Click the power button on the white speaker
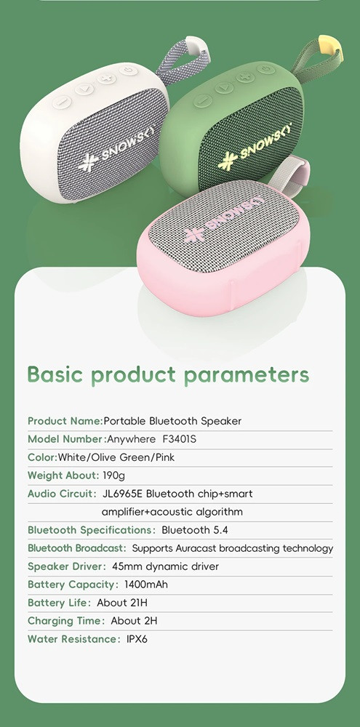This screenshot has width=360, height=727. [x=128, y=71]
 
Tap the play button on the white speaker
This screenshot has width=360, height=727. [x=84, y=88]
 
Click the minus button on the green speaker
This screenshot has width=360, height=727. [x=202, y=100]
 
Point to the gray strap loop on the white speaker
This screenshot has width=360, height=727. [x=183, y=60]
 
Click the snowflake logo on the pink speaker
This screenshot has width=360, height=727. [x=193, y=234]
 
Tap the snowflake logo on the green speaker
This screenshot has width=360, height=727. [x=228, y=161]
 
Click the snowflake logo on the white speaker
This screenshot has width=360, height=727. [x=88, y=162]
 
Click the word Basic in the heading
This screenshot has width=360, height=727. [x=55, y=374]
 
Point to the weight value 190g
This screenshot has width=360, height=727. [x=113, y=475]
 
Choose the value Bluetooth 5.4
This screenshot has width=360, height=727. [x=195, y=530]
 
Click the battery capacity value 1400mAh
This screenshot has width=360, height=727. [x=146, y=585]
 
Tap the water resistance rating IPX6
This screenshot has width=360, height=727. [x=137, y=639]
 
